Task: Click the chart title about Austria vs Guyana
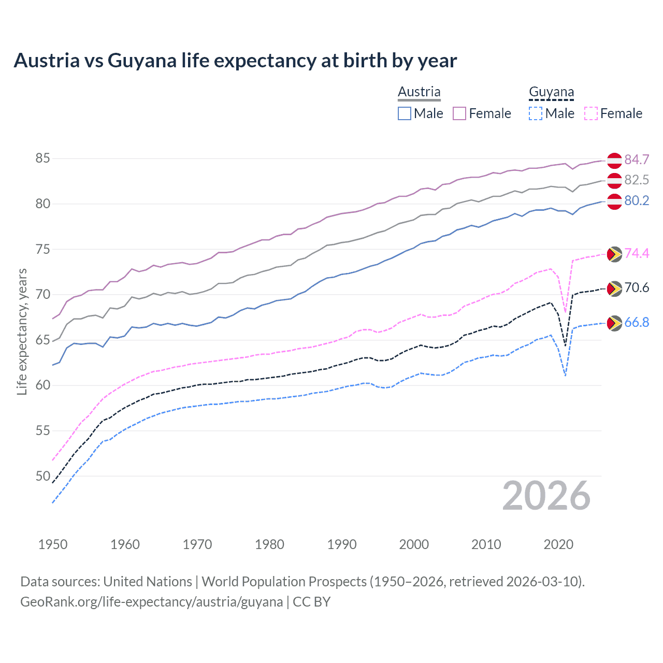(235, 61)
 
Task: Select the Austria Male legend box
(405, 113)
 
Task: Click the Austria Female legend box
(459, 113)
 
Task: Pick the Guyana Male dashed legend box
(536, 113)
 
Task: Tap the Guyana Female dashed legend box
(591, 113)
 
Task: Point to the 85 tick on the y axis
(43, 158)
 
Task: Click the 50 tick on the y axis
(43, 476)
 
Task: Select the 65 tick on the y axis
(43, 340)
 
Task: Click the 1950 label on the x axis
(53, 544)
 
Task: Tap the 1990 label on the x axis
(342, 544)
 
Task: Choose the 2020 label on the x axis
(558, 544)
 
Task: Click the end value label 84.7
(637, 160)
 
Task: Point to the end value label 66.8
(637, 323)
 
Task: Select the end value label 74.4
(637, 253)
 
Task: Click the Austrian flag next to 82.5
(614, 181)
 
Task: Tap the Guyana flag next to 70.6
(614, 289)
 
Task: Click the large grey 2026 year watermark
(546, 496)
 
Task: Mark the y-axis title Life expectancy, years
(22, 331)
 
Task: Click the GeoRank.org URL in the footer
(151, 602)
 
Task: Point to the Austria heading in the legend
(419, 92)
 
